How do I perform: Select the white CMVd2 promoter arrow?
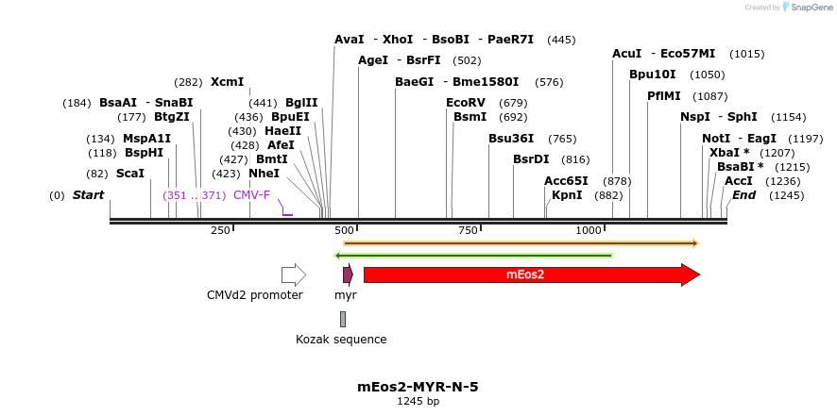pos(293,275)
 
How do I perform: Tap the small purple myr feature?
pos(348,275)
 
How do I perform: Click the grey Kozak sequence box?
pos(343,319)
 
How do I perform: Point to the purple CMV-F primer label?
pos(251,195)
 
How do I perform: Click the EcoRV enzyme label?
pos(465,103)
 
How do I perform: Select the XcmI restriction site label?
pos(227,82)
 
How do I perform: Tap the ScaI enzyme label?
pos(130,174)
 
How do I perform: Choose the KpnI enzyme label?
pos(567,195)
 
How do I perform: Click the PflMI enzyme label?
pos(663,96)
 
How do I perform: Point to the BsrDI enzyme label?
pos(531,159)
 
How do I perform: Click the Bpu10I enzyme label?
pos(653,75)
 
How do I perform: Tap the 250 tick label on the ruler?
pos(220,230)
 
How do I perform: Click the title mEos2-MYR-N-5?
pos(418,387)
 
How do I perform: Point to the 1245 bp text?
pos(418,402)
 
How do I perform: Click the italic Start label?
pos(88,195)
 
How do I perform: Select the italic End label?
pos(743,195)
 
